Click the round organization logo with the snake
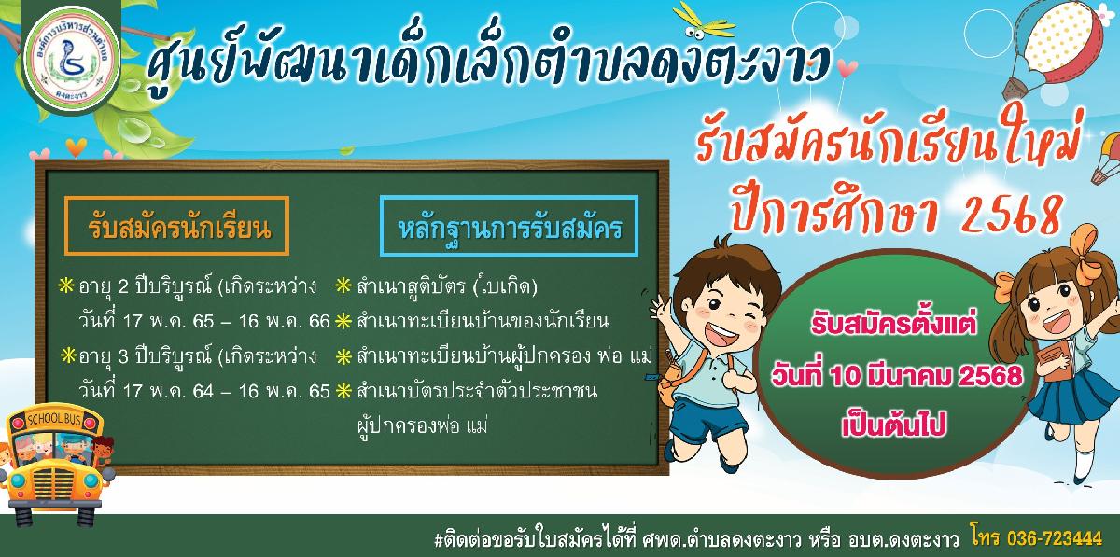point(72,59)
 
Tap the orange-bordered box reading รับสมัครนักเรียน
point(177,226)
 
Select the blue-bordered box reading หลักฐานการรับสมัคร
point(509,227)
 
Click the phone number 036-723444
point(1055,538)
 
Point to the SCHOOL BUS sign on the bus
point(54,419)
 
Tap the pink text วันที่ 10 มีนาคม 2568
point(897,375)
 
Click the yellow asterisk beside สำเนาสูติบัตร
point(343,286)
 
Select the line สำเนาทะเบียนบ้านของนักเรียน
point(483,321)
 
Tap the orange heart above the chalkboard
point(76,146)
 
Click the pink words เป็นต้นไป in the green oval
point(893,426)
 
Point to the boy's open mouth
point(720,330)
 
